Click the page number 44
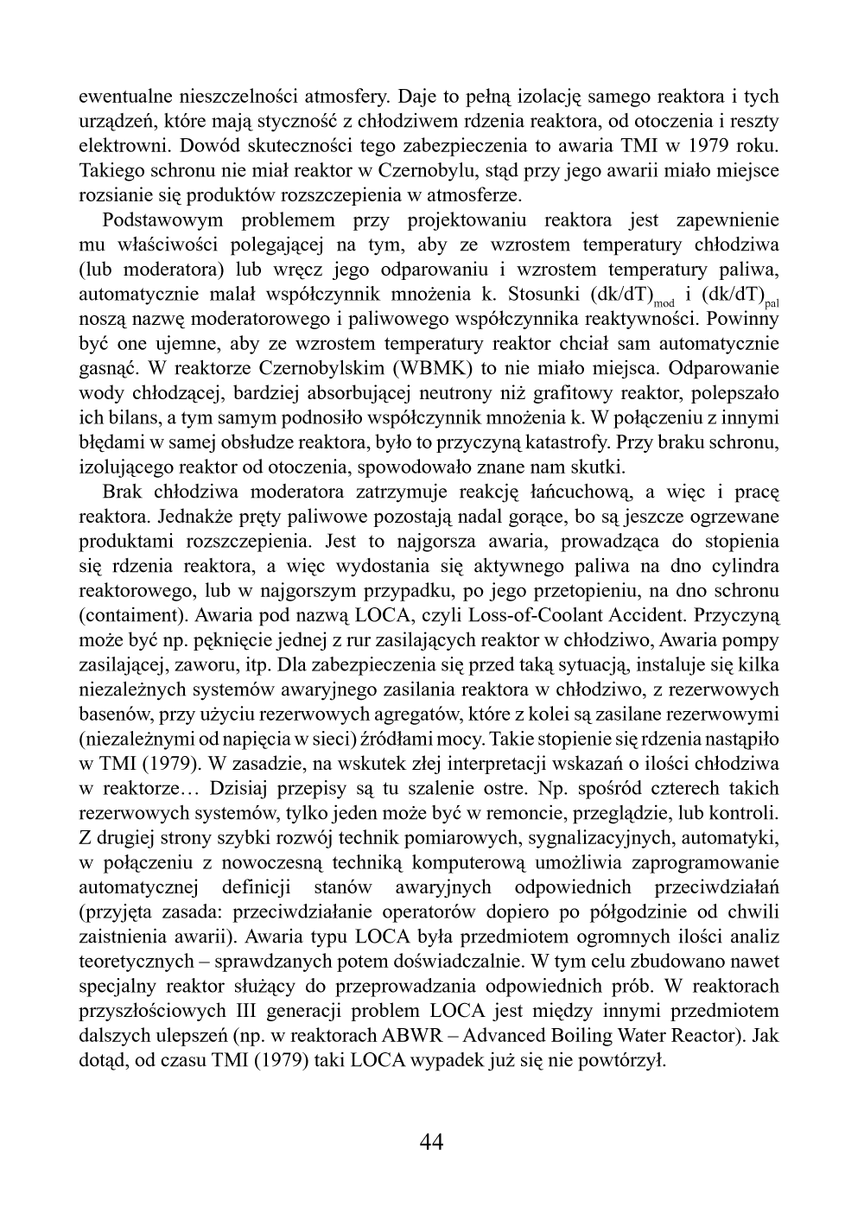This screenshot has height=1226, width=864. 431,1142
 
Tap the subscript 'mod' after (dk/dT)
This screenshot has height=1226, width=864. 664,303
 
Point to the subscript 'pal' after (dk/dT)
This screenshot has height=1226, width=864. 772,303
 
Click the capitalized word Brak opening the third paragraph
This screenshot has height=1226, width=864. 122,492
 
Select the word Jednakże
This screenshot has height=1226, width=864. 186,517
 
